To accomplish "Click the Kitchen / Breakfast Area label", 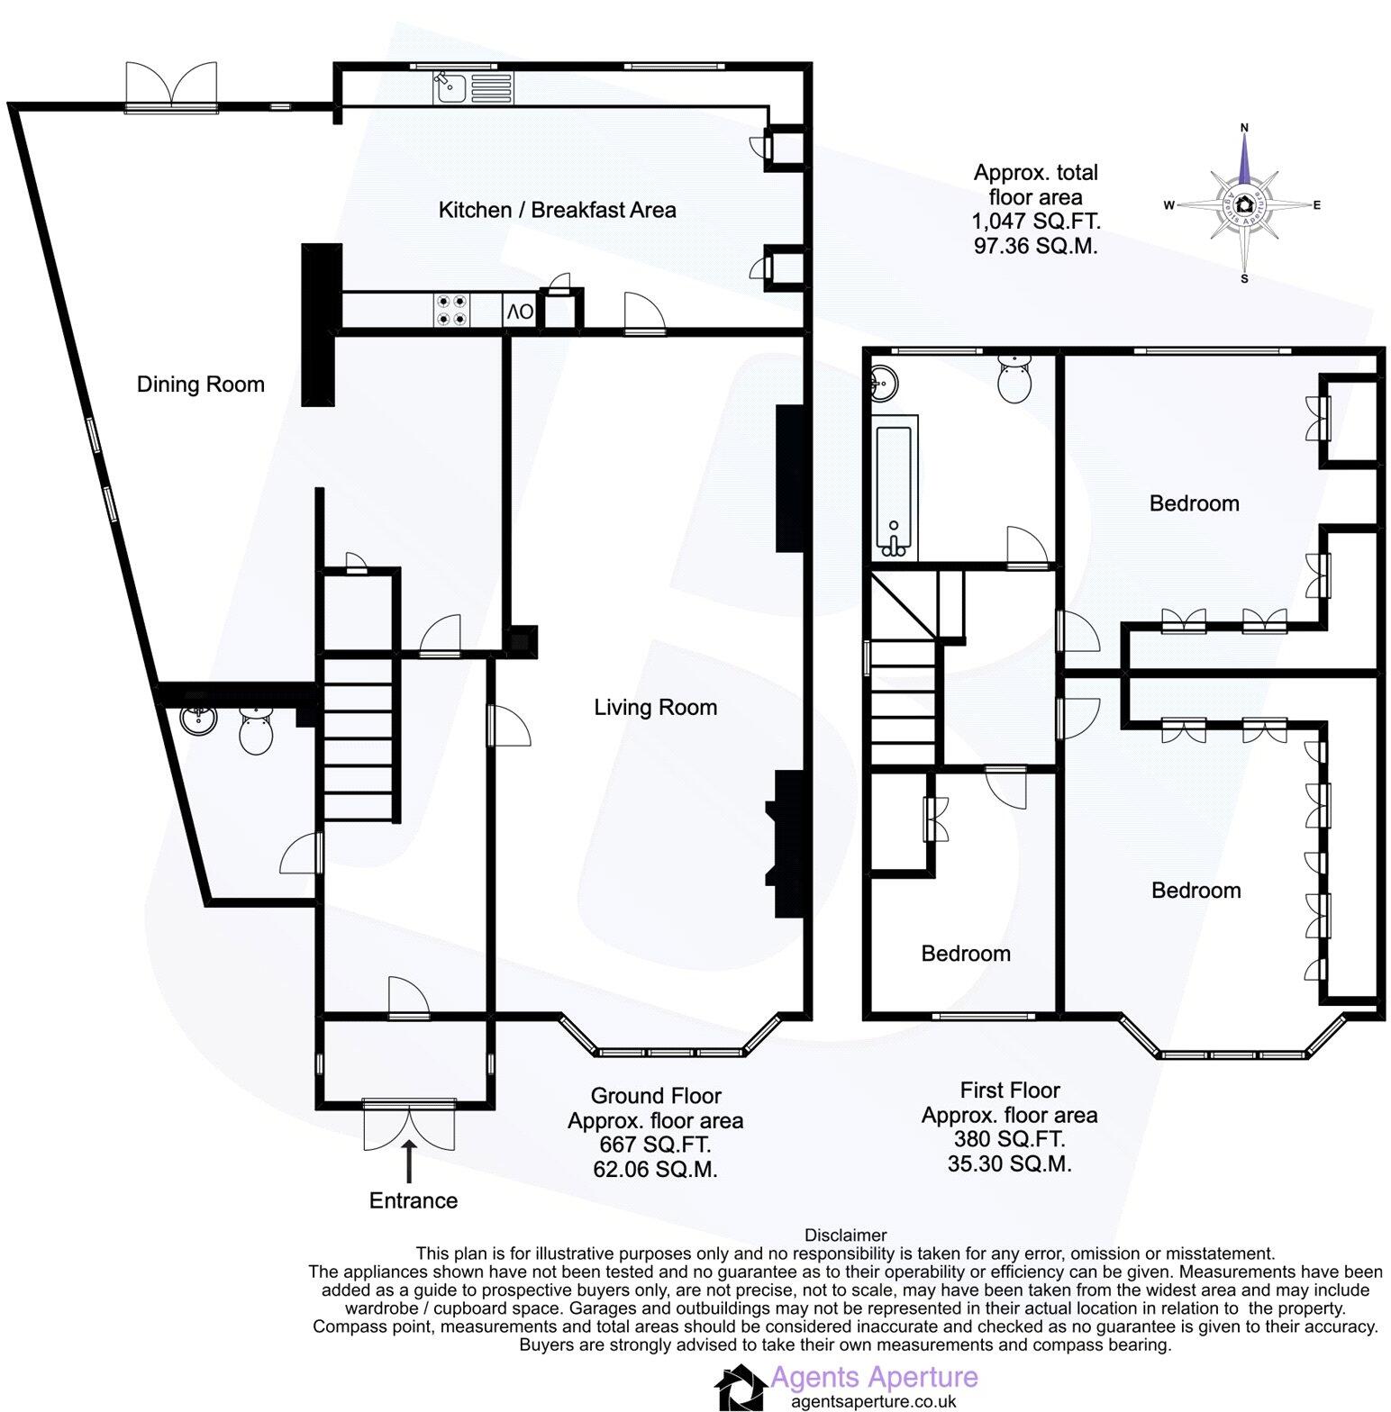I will point(557,210).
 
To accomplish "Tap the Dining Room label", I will point(200,385).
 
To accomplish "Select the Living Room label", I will point(655,707).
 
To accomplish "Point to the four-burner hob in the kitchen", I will point(451,311).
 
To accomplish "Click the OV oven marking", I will point(520,312).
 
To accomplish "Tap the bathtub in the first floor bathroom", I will point(894,491).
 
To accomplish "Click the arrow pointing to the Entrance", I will point(410,1161).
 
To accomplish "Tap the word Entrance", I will point(414,1200).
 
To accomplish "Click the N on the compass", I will point(1244,128).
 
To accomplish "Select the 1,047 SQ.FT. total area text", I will point(1035,221).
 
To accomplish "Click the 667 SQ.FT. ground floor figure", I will point(655,1145).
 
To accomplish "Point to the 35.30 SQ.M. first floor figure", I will point(1009,1163).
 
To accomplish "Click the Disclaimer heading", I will point(845,1235).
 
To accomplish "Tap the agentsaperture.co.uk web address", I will point(873,1401).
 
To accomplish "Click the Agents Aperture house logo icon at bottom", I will point(741,1388).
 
